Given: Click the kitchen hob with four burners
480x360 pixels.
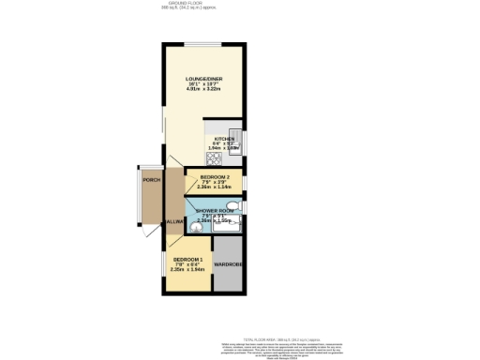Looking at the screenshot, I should [x=213, y=156].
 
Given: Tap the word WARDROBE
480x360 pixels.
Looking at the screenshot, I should [x=228, y=264].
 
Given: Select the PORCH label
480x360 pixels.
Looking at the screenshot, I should [x=149, y=178].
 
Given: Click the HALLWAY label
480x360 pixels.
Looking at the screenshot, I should [x=172, y=221].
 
